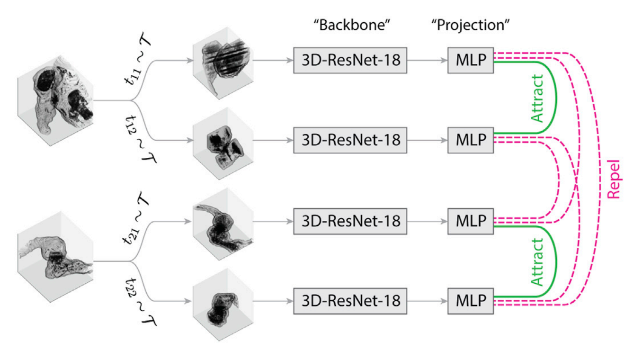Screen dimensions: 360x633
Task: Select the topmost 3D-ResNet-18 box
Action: [x=350, y=60]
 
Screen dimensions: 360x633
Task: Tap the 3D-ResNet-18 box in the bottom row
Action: [x=350, y=300]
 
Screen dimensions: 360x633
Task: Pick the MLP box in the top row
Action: [x=470, y=60]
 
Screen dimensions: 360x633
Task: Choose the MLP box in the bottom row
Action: [x=470, y=300]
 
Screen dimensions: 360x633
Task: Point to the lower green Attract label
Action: [x=537, y=262]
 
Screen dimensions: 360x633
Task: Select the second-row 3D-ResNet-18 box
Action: [x=350, y=140]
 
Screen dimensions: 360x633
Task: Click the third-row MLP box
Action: [x=470, y=220]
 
